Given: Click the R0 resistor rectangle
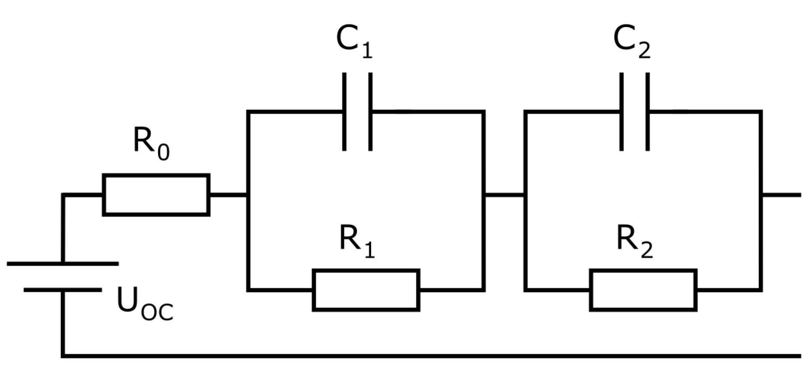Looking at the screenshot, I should [x=156, y=195].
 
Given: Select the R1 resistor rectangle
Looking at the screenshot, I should [x=366, y=290].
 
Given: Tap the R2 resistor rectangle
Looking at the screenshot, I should [x=643, y=290].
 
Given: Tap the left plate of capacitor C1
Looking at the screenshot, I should [x=344, y=112].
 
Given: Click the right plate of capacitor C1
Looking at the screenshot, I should [x=370, y=112].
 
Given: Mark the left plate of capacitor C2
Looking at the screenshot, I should [x=621, y=112].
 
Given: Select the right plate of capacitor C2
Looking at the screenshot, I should [x=647, y=112].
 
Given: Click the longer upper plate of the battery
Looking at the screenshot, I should [x=63, y=263].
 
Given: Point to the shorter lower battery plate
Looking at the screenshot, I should [x=63, y=290].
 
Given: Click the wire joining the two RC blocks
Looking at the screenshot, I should [x=504, y=195].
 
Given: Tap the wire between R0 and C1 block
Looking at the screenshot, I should [x=228, y=195].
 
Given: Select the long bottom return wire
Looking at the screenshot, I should [x=428, y=356].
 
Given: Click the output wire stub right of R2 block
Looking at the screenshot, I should [x=781, y=195].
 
